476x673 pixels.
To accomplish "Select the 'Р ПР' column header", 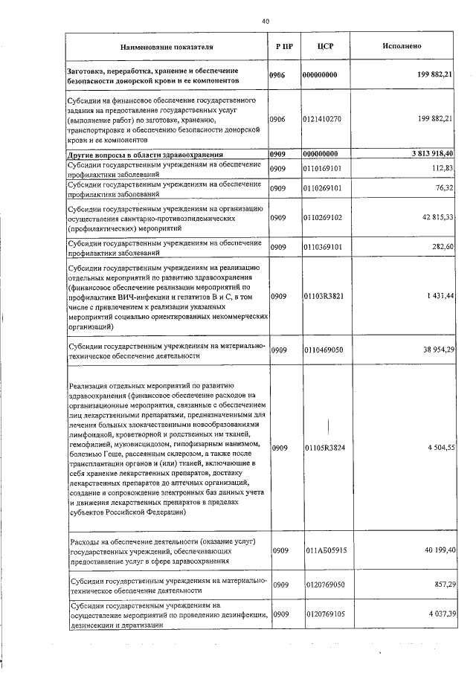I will [x=283, y=46].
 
